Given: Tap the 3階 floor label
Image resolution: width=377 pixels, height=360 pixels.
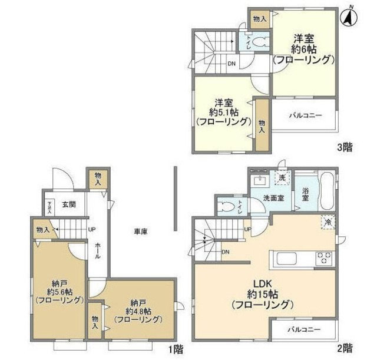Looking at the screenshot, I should pos(345,148).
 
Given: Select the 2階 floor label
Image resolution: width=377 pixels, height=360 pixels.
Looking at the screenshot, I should pos(345,348).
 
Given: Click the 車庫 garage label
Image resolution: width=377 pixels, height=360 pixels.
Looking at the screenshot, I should pos(140,232).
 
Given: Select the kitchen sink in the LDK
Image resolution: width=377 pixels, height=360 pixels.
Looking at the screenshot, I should pos(287,258).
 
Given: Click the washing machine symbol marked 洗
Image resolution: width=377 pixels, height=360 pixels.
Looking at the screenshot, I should pos(283,177).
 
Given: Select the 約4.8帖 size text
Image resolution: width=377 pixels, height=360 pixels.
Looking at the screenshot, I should pos(138,311).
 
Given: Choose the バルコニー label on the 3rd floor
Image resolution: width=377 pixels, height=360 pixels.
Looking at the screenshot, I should pos(305,115).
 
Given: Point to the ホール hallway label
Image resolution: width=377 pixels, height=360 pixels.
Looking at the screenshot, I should pos(98,252).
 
